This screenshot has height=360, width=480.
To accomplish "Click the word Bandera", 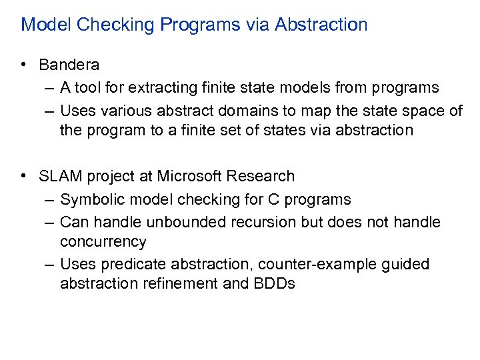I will pyautogui.click(x=69, y=65).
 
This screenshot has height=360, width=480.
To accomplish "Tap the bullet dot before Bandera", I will pyautogui.click(x=23, y=65).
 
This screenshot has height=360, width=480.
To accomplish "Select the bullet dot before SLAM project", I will pyautogui.click(x=23, y=176).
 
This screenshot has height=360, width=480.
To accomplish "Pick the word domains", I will pyautogui.click(x=225, y=110).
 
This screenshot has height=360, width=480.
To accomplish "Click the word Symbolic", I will pyautogui.click(x=87, y=200).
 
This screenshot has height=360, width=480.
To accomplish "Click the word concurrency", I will pyautogui.click(x=103, y=241).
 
